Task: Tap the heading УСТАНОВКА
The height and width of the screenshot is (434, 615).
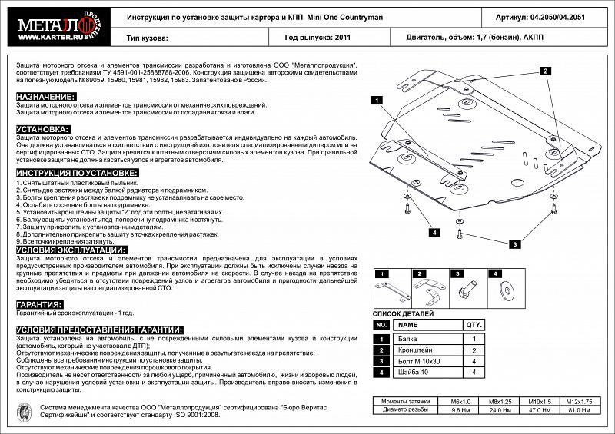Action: point(43,129)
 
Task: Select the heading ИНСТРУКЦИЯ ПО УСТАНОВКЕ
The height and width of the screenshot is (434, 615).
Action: point(77,174)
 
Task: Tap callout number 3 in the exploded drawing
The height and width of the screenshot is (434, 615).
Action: point(514,244)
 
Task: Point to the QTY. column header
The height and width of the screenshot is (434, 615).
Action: point(475,325)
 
